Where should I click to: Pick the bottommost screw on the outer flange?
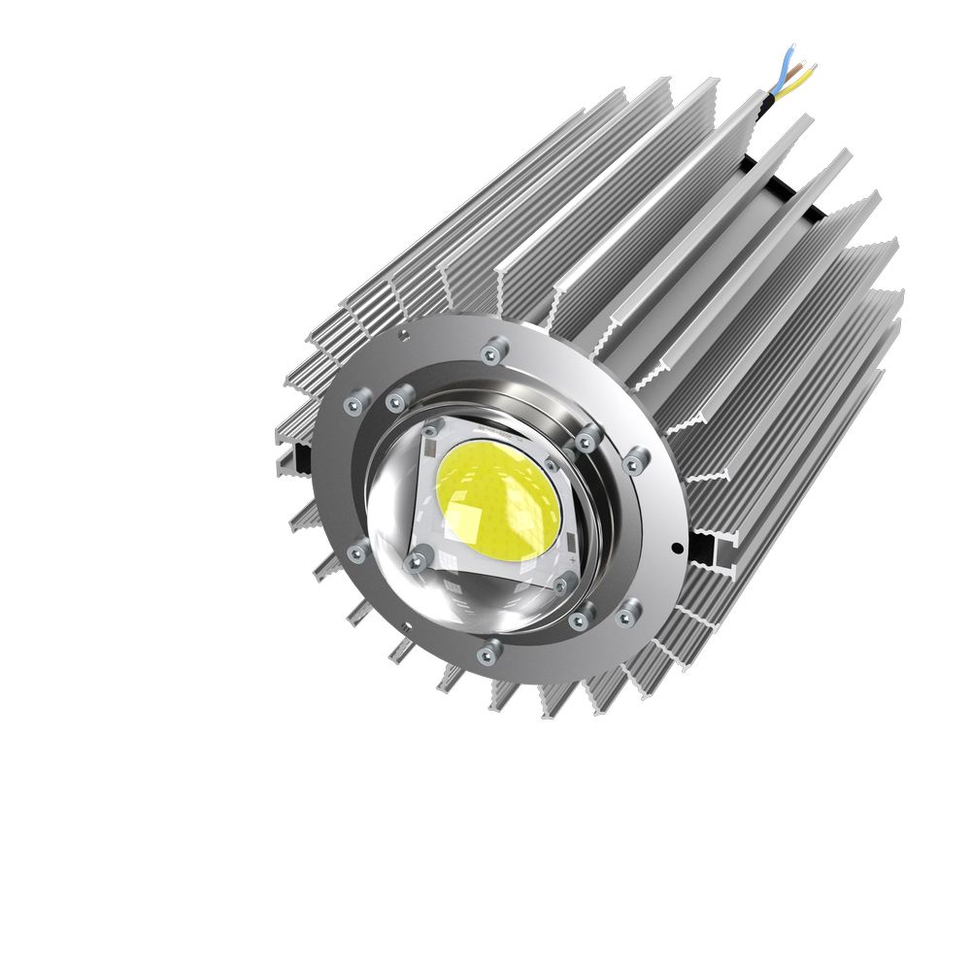point(491,650)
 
